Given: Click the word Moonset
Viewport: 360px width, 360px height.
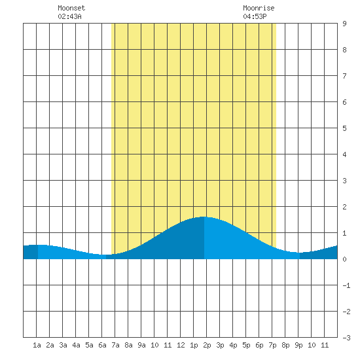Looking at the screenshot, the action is tap(71, 8).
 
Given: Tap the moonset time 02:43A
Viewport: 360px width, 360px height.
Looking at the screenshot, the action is tap(69, 16).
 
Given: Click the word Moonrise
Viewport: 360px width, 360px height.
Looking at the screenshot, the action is tap(259, 8).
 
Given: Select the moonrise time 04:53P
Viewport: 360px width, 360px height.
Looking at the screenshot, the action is tap(255, 16).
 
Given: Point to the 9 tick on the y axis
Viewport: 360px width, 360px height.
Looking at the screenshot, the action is tap(344, 24).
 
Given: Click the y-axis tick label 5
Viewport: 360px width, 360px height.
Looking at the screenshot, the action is tap(344, 128).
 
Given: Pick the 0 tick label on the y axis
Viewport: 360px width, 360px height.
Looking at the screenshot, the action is tap(344, 259).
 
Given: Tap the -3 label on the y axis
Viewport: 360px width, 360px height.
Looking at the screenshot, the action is tap(346, 338).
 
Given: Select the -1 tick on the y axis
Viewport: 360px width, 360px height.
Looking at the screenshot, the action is tap(346, 285).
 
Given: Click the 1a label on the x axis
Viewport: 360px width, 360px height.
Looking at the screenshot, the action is tap(37, 345).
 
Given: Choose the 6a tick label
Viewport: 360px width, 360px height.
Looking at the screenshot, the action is tap(102, 345).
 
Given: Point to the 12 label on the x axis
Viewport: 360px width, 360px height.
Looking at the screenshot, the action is tap(181, 345).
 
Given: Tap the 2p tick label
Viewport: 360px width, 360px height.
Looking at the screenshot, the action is tap(207, 345).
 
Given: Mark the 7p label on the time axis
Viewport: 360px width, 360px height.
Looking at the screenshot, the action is tap(272, 345).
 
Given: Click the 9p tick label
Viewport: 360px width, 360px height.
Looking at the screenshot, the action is tap(298, 345).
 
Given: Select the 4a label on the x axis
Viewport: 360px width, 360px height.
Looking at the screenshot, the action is tap(76, 345).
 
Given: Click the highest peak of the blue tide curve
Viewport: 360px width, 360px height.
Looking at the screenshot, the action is tap(204, 217).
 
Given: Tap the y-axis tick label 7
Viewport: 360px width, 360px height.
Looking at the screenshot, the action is tap(344, 76).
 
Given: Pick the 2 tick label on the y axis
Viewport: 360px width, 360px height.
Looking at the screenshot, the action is tap(344, 207).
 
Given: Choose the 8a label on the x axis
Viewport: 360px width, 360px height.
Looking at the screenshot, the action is tap(128, 345).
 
